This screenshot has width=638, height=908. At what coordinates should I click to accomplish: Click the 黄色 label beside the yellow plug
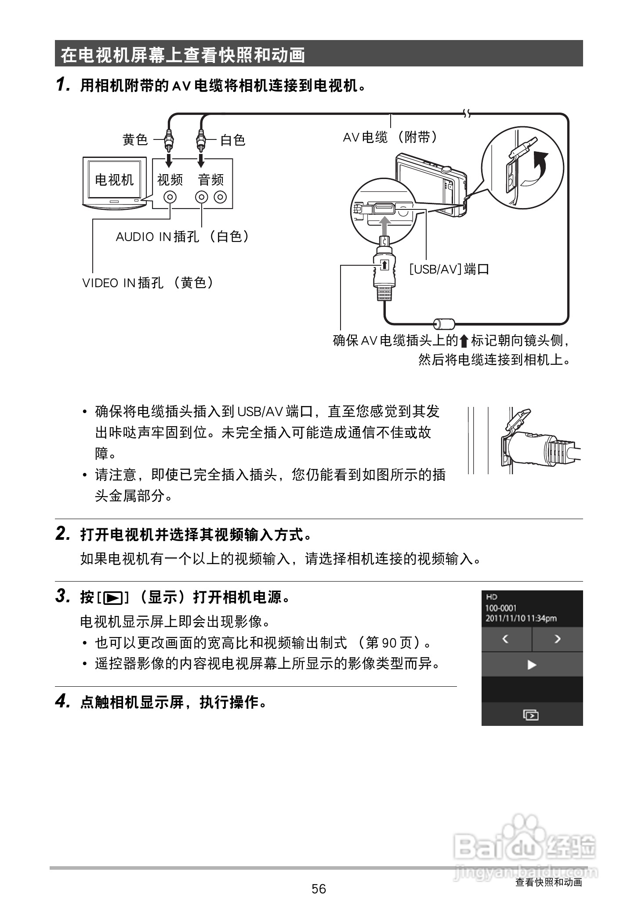tap(135, 140)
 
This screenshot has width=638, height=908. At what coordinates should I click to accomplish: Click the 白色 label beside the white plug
tap(232, 140)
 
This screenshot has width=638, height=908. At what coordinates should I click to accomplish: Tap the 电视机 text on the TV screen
tap(114, 179)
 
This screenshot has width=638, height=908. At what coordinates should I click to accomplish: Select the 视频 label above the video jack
tap(170, 179)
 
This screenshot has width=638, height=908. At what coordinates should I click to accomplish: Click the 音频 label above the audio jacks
tap(211, 179)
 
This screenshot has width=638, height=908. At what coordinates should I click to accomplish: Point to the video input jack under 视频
tap(170, 197)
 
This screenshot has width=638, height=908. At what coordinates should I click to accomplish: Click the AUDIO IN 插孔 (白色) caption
tap(183, 237)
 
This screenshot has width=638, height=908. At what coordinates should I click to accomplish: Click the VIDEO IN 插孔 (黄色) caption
tap(148, 282)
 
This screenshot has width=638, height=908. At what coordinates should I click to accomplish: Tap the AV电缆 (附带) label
tap(391, 138)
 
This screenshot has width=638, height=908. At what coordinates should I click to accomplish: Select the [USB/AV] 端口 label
tap(449, 269)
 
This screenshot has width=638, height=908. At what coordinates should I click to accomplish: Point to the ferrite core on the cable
tap(444, 324)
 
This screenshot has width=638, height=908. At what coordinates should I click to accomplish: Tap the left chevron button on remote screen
tap(506, 639)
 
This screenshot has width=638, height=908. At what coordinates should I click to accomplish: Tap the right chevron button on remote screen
tap(557, 639)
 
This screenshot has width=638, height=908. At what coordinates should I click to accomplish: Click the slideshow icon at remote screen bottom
tap(531, 715)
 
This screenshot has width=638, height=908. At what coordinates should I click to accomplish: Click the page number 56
tap(319, 889)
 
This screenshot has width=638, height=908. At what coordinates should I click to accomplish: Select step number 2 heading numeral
tap(63, 534)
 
